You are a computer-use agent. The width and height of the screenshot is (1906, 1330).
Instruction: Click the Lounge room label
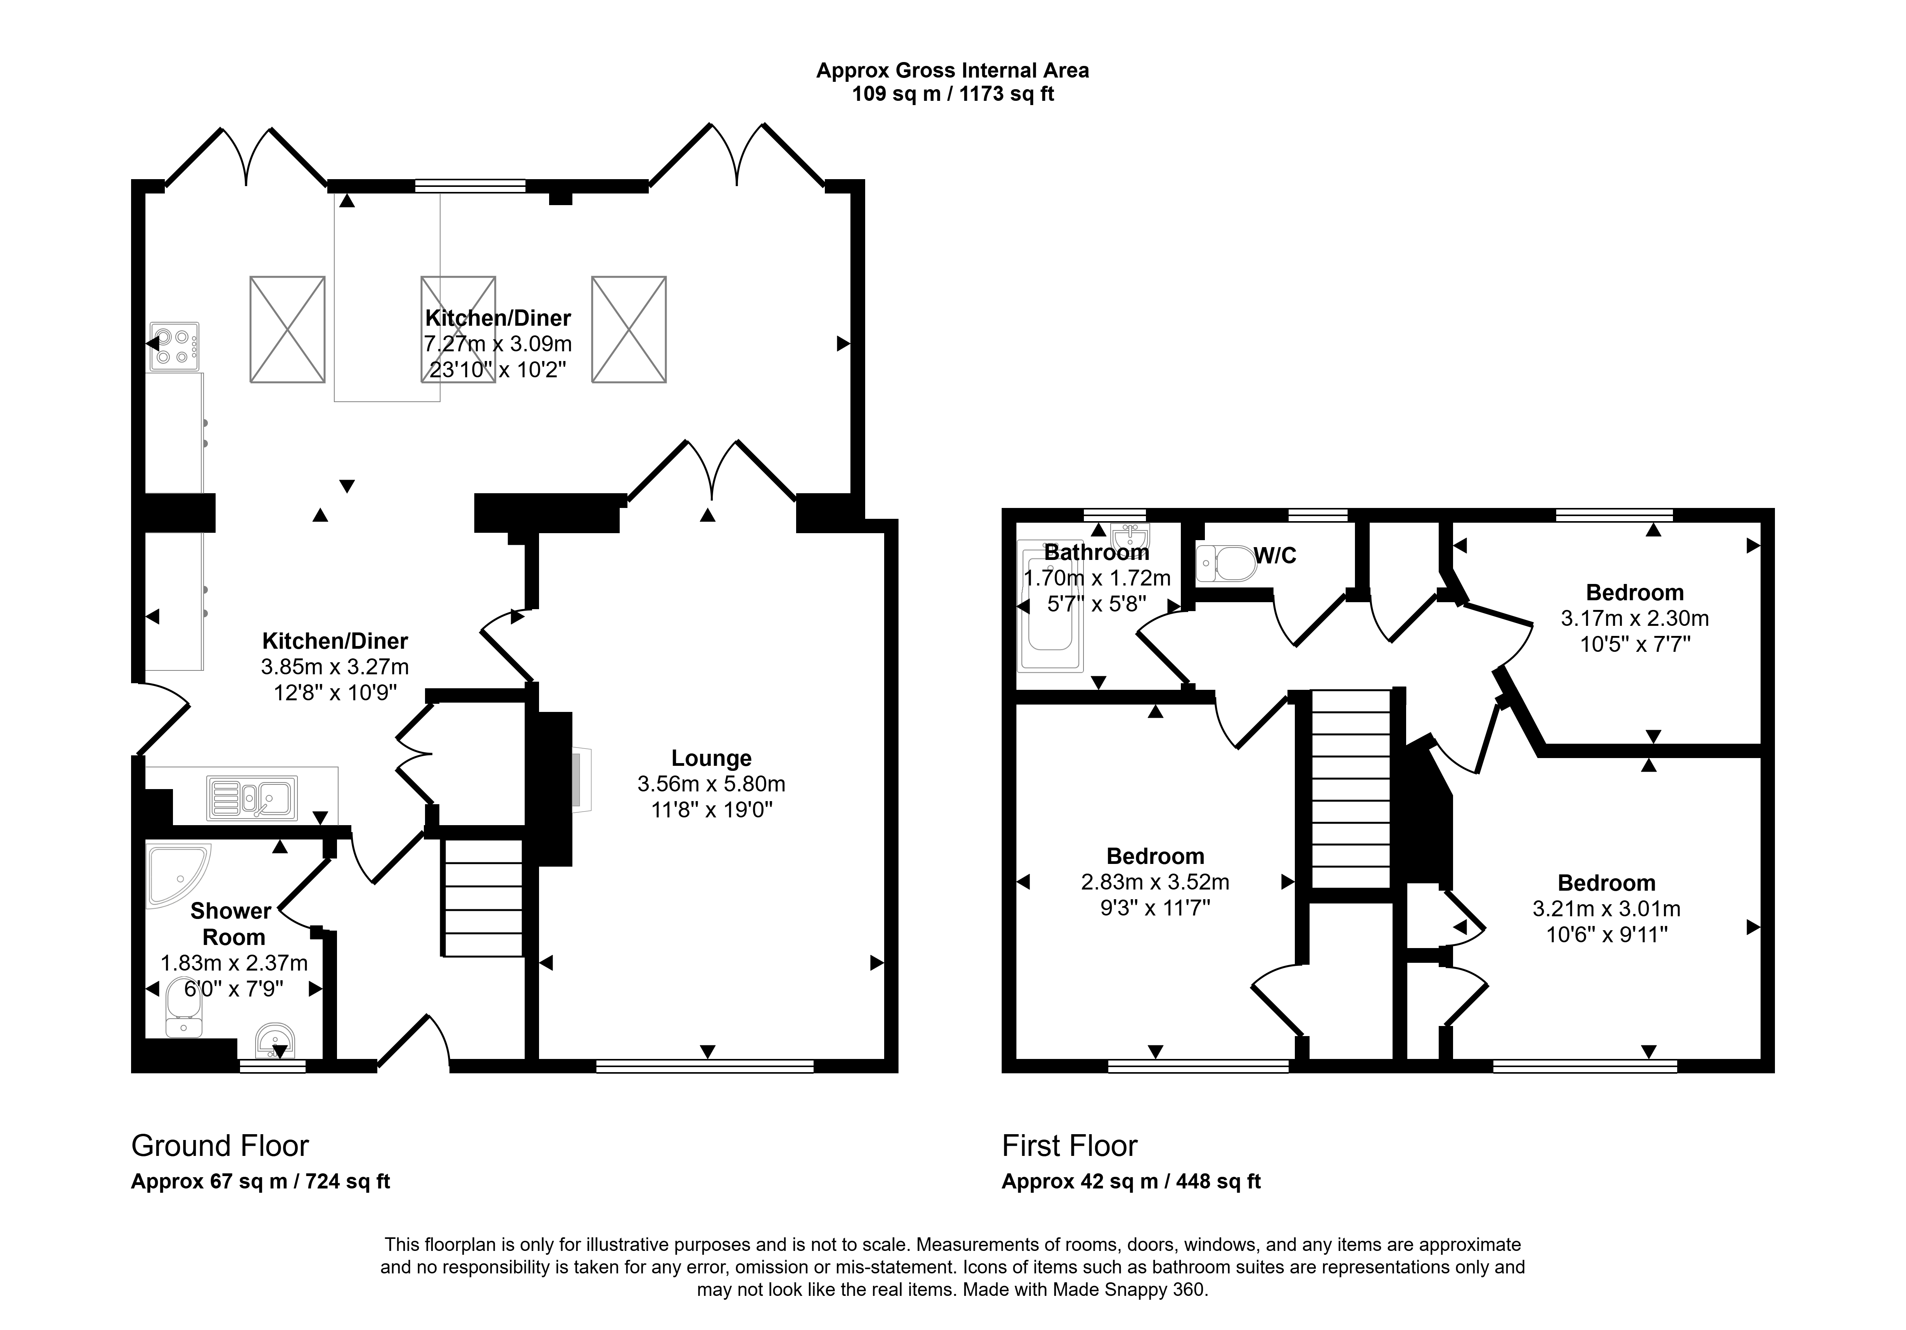[712, 758]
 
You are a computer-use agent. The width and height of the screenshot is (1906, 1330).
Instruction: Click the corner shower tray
[178, 873]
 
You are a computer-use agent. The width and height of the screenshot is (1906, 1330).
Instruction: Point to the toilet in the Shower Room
[183, 1007]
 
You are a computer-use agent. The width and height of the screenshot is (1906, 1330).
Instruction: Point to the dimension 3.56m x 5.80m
[712, 784]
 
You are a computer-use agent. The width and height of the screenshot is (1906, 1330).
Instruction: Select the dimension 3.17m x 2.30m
[1635, 618]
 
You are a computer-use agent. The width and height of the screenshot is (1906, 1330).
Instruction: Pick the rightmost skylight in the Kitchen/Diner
[628, 330]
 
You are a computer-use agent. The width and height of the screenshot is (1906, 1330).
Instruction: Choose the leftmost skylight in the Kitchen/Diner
[287, 330]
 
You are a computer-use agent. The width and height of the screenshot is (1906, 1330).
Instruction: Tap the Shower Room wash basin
[275, 1040]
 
